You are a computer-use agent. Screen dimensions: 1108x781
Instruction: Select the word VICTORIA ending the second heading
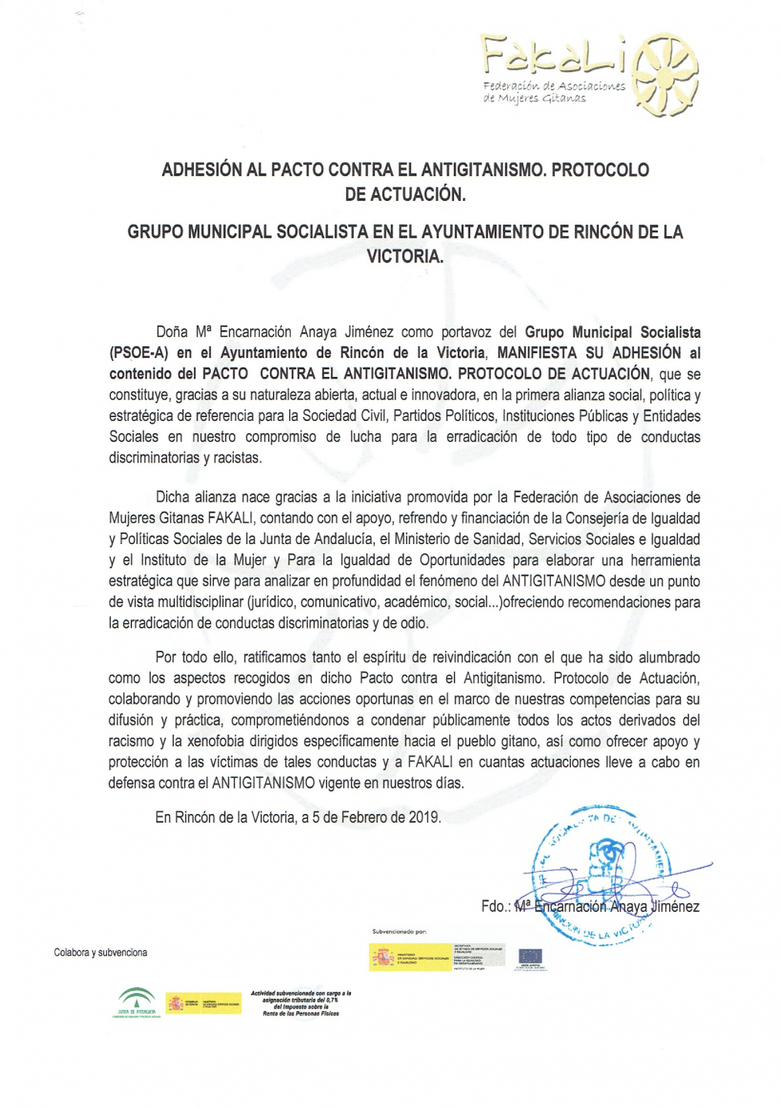(404, 257)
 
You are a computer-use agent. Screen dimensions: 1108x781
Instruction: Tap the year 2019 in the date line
(424, 817)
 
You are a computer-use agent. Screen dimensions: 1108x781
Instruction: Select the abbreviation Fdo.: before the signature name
(496, 906)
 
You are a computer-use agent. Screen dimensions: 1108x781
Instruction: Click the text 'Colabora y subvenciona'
(100, 953)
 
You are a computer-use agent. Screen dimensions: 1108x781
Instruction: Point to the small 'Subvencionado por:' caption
(399, 932)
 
